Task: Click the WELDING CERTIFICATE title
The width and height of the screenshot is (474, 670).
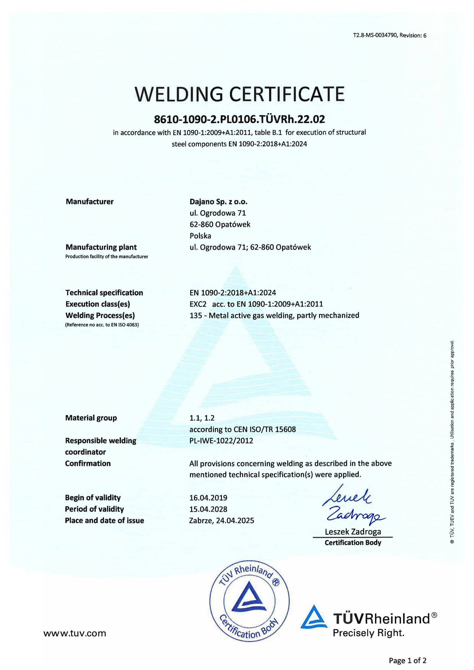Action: point(239,94)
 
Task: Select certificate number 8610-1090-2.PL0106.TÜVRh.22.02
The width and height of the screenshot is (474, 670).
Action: point(239,119)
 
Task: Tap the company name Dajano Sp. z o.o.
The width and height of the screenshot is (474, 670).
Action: point(218,202)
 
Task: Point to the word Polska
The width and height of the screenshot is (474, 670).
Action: point(200,236)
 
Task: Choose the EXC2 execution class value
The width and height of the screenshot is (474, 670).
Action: point(198,304)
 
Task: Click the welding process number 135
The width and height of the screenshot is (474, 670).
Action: point(195,315)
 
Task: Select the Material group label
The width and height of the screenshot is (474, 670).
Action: point(91,418)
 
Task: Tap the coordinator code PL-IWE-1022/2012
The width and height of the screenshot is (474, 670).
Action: point(221,441)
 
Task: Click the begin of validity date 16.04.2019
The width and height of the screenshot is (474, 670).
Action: point(208,498)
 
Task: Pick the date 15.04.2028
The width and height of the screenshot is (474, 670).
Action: point(208,509)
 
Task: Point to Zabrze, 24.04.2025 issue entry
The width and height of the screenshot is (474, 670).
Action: point(222,520)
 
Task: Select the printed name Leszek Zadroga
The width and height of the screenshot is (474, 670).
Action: point(353,531)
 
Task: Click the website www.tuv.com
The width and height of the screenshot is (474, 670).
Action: point(75,633)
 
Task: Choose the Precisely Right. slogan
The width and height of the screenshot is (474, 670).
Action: point(368,633)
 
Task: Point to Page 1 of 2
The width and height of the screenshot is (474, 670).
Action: point(407,660)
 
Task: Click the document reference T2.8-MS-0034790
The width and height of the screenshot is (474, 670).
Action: point(375,35)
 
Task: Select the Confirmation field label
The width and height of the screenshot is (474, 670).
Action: point(88,464)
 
